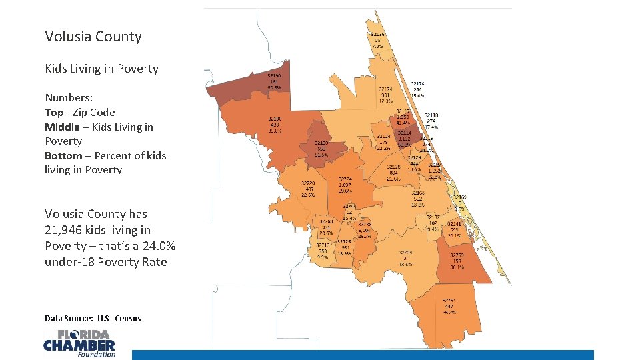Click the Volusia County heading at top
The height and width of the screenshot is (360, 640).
[93, 37]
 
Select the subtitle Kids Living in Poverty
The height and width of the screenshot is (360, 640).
[101, 69]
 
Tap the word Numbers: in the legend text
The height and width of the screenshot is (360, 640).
[69, 98]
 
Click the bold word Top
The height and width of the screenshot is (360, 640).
[55, 113]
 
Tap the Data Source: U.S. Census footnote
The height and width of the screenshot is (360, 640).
[93, 318]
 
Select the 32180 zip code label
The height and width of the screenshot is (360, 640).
[274, 125]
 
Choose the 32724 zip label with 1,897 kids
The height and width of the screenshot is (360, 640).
[345, 185]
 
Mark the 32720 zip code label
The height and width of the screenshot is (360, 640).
[308, 189]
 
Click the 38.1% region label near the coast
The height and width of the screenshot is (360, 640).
[457, 261]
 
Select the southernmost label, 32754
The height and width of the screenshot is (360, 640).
[449, 306]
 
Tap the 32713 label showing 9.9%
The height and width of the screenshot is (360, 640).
[323, 251]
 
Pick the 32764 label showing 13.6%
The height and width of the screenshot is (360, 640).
[405, 259]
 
